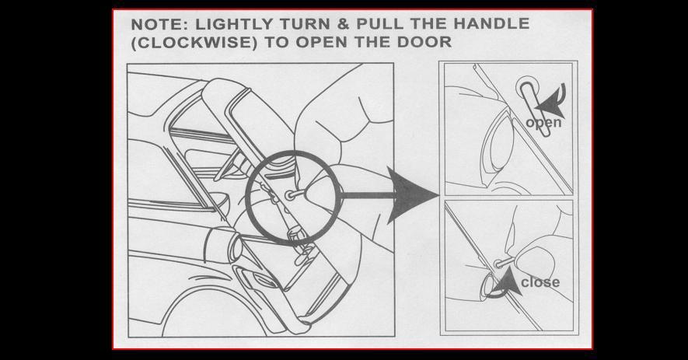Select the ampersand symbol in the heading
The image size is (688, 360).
click(344, 24)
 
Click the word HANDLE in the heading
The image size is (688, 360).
click(491, 23)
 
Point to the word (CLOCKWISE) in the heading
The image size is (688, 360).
click(194, 43)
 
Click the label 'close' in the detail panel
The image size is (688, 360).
click(540, 281)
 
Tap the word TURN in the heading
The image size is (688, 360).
click(307, 24)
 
